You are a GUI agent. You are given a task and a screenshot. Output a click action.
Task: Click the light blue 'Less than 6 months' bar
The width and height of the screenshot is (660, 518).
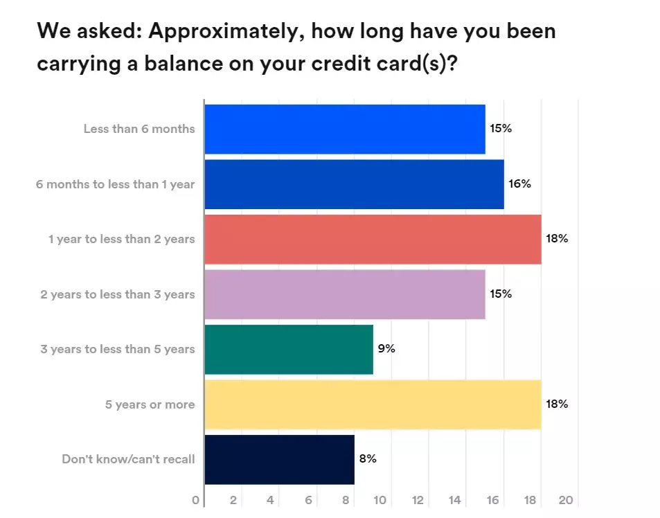coord(345,129)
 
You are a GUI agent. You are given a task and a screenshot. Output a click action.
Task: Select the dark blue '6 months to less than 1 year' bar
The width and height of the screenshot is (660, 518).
coord(354,184)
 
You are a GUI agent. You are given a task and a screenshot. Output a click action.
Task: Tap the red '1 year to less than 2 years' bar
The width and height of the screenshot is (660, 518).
coord(373,239)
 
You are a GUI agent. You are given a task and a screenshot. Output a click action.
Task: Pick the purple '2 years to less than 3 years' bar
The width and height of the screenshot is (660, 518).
coord(345,294)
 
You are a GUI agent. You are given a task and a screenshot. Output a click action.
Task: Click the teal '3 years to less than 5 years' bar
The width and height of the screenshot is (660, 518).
coord(289,349)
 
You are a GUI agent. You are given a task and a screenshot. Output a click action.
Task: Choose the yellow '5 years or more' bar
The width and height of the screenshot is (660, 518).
coord(373,404)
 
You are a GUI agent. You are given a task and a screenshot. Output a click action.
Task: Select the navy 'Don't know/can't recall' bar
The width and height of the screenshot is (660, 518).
coord(280,459)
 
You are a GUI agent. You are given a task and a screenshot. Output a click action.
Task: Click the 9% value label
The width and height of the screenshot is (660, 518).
coord(386,349)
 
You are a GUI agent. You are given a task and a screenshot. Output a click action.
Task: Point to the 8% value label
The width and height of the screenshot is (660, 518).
coord(368,459)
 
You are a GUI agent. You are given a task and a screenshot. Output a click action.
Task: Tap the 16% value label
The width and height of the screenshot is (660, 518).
coord(520,184)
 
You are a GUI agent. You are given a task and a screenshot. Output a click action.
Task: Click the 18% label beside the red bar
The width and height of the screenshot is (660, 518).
coord(557,239)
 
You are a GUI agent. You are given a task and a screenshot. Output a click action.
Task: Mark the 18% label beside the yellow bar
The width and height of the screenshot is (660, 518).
coord(557,404)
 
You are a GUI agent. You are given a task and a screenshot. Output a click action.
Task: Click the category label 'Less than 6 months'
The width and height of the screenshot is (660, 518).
coord(139,129)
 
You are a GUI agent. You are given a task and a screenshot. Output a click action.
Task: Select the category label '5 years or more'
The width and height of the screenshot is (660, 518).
coord(150,404)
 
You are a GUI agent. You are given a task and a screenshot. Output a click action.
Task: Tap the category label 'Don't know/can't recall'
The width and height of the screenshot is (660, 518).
coord(128,459)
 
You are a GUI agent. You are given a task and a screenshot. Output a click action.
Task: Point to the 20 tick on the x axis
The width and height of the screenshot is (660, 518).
coord(566,501)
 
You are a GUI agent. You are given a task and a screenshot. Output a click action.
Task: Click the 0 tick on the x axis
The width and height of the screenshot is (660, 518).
coord(196,501)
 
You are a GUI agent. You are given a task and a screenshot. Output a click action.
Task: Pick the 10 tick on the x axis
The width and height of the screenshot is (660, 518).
coord(381,501)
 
